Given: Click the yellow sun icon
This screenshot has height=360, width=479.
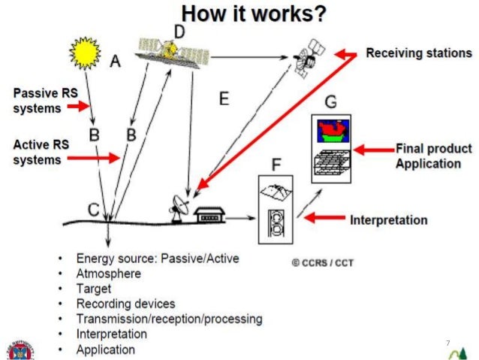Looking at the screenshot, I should click(x=85, y=53).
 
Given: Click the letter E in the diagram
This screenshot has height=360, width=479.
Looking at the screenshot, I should click(x=222, y=98).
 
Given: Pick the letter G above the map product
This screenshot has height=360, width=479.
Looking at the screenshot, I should click(x=331, y=100).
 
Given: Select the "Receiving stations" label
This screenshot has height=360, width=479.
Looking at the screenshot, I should click(x=419, y=53).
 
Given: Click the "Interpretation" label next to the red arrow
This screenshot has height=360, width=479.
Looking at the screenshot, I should click(x=389, y=220).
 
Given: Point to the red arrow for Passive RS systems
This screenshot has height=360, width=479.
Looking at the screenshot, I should click(x=77, y=107).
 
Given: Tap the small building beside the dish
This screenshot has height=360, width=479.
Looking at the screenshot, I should click(x=210, y=215).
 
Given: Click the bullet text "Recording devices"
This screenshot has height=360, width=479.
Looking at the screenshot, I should click(x=125, y=304).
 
